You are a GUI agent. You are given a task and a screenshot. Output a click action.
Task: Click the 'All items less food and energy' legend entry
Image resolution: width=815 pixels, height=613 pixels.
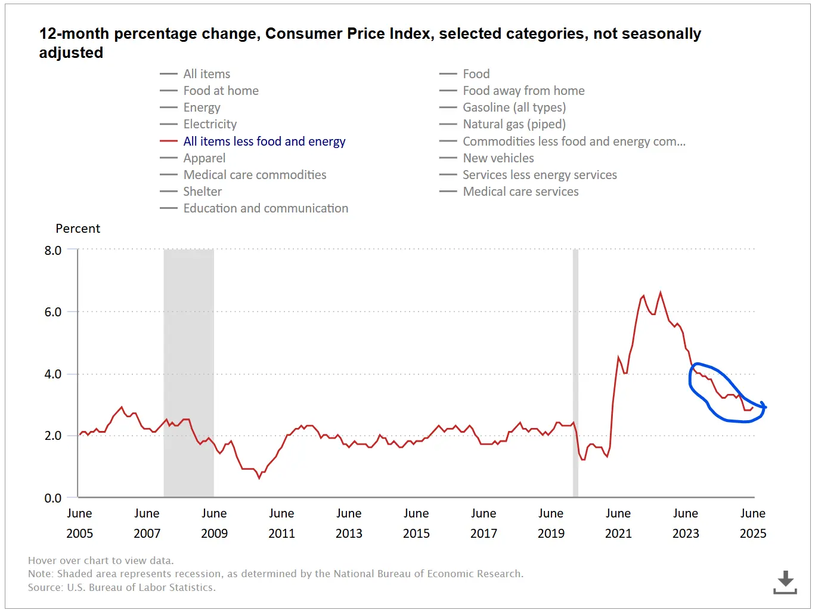[264, 141]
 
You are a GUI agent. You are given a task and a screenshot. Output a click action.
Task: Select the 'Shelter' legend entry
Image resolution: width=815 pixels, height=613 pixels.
[202, 192]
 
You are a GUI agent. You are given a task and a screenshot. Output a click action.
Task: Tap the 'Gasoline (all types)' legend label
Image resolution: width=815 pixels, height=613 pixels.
[514, 107]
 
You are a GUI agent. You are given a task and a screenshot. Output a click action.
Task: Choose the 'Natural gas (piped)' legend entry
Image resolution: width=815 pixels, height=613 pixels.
[514, 124]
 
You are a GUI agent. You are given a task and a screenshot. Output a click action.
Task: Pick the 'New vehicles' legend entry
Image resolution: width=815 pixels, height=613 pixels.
[498, 158]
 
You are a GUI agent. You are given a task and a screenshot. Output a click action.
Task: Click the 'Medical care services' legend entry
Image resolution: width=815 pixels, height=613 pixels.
[520, 192]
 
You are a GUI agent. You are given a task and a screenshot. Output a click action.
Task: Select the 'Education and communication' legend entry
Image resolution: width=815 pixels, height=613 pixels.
[265, 208]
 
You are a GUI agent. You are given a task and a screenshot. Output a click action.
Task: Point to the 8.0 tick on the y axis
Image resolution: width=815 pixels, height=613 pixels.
[53, 251]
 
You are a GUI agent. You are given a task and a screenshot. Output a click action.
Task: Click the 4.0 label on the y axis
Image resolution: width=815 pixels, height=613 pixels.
[53, 374]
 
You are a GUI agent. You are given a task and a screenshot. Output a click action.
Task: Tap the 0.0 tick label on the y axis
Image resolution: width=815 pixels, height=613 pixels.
[53, 498]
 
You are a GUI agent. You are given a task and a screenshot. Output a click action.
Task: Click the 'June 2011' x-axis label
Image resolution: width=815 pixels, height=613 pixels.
[281, 523]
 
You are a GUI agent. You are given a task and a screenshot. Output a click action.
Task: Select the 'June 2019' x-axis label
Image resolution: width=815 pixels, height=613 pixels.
[551, 523]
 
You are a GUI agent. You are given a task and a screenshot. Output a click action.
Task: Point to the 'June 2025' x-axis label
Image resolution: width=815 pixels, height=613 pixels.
[753, 523]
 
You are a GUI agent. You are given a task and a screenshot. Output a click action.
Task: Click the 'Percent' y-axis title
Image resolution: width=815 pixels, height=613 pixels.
[78, 229]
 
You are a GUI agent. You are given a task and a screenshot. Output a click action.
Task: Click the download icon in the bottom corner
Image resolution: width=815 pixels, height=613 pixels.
[785, 582]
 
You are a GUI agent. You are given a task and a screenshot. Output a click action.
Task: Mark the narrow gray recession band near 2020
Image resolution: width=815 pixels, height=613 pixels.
[575, 373]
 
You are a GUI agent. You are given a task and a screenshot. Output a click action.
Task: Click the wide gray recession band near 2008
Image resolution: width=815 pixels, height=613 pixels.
[188, 373]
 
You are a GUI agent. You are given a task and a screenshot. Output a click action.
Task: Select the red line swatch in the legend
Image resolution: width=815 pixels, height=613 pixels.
[169, 141]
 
